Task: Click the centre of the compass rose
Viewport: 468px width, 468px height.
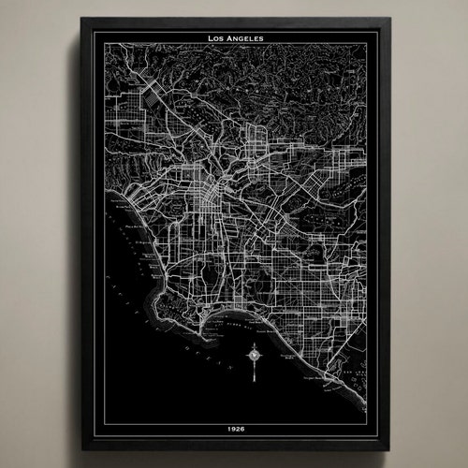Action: click(x=253, y=355)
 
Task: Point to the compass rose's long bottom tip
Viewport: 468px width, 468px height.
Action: click(x=253, y=382)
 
